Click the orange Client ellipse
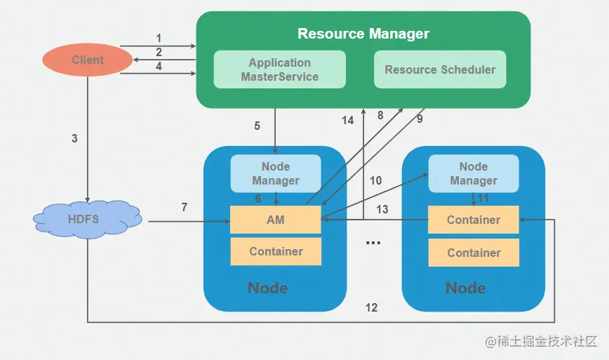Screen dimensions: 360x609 coord(88,60)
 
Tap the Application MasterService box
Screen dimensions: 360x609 coord(279,69)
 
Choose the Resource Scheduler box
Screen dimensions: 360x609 coord(440,69)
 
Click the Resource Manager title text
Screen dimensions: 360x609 coord(363,33)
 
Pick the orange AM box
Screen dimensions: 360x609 coord(276,220)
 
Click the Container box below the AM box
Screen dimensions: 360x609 coord(276,251)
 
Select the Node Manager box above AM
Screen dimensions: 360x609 coord(276,173)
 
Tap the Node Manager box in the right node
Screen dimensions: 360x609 coord(474,173)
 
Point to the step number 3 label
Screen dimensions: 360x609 coord(74,139)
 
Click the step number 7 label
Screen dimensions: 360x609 coord(185,207)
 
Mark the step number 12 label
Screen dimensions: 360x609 coord(371,307)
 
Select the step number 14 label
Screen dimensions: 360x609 coord(348,120)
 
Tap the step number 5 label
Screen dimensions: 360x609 coord(257,126)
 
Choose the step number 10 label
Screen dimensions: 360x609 coord(376,180)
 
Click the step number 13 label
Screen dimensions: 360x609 coord(382,209)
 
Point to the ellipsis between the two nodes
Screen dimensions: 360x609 coord(373,242)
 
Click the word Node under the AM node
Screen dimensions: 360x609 coord(267,288)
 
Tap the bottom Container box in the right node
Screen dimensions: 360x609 coord(474,253)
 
